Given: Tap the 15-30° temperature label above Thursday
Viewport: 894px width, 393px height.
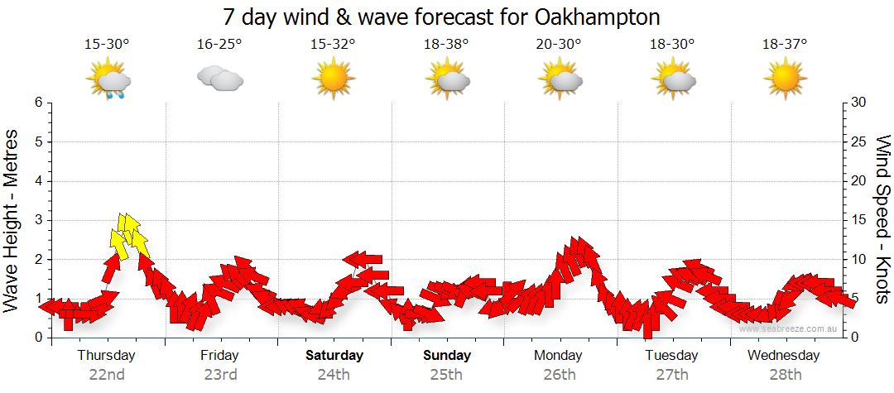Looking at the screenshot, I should point(107,45).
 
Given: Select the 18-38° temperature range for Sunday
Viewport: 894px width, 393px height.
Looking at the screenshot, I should point(445,45).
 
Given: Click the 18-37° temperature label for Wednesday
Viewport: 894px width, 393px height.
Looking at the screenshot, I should point(784,45).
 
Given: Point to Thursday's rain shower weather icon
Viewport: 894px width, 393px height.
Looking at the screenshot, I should point(108,81).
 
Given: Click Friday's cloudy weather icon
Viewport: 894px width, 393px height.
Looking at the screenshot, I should point(219,79).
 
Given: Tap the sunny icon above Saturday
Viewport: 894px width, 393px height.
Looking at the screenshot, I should point(333,79).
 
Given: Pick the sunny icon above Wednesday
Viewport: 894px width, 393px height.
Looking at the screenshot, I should point(785,79).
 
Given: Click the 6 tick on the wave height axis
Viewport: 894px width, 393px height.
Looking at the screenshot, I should point(38,103).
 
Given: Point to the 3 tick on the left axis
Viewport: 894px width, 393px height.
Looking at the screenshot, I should point(38,220).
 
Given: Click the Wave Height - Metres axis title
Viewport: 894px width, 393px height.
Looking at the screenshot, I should point(12,220).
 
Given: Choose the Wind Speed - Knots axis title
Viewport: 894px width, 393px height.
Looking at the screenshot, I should point(882,220).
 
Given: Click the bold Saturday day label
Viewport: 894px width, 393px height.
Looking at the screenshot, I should point(334,356).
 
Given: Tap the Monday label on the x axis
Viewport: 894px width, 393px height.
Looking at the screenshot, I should point(559,356).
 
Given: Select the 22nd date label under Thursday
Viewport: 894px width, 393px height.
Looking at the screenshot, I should point(107,375).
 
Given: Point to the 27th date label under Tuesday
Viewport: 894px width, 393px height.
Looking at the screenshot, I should point(671,375).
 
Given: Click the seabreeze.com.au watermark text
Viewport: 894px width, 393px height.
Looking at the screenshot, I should point(790,328).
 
